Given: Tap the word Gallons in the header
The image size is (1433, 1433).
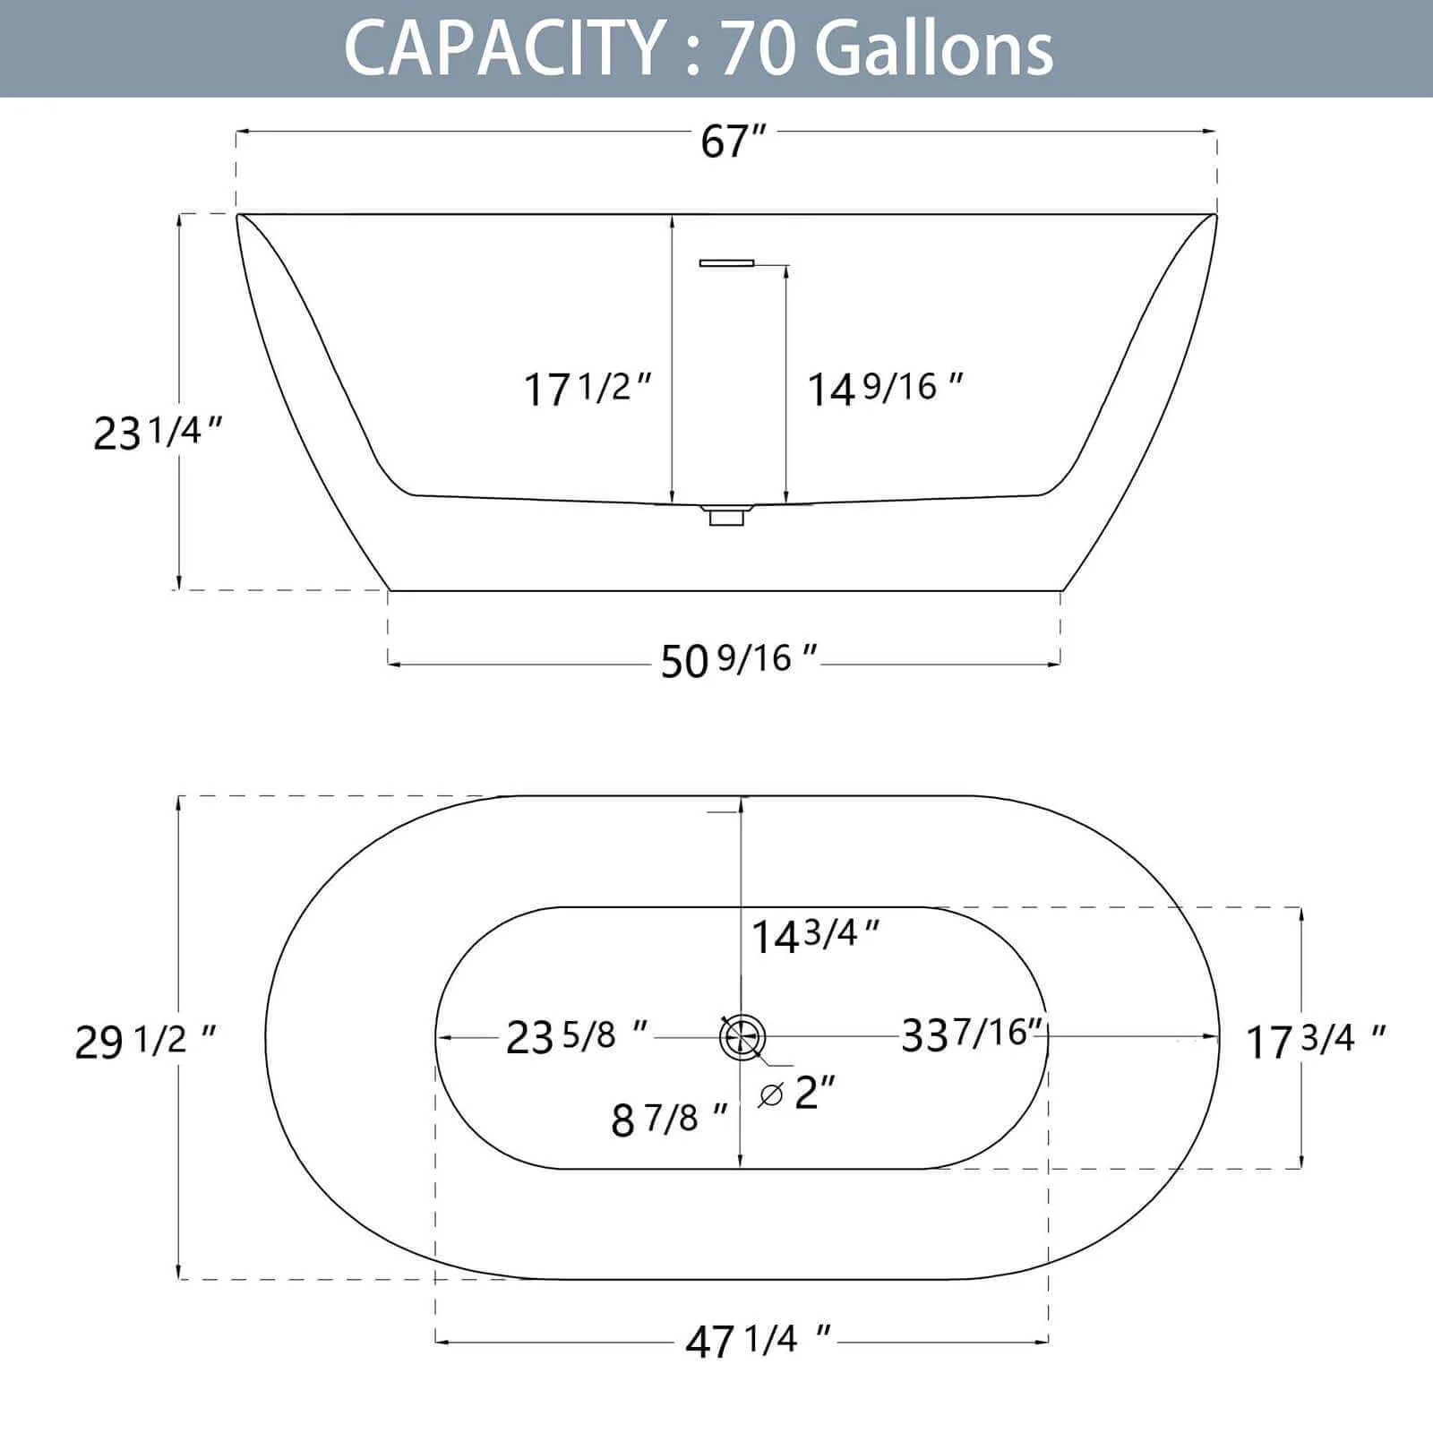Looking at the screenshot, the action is click(x=934, y=48).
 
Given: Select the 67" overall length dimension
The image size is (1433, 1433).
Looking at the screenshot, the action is click(x=734, y=141).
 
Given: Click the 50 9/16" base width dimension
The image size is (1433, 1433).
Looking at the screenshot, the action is click(x=739, y=661).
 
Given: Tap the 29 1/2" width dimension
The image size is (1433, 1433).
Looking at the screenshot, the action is click(x=146, y=1042).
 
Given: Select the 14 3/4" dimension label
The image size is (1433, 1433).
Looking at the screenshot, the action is click(x=816, y=936).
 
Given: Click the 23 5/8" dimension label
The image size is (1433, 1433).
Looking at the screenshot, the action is click(x=578, y=1036).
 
